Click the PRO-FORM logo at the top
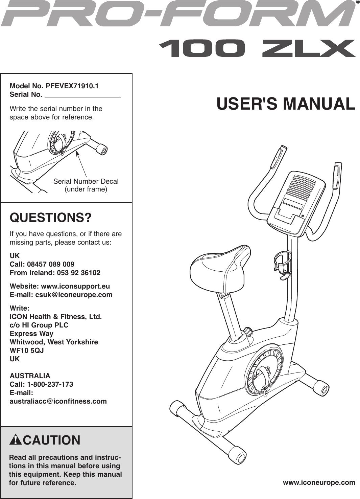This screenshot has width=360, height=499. (178, 15)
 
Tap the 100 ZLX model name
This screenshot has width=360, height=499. (257, 48)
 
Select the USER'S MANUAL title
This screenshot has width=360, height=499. (286, 104)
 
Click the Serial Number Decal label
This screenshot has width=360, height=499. (86, 181)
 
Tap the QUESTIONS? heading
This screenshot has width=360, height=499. (51, 218)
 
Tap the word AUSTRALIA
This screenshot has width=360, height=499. (30, 376)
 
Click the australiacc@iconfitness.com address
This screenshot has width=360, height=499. (58, 401)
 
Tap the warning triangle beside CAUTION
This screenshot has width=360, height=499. (16, 440)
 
